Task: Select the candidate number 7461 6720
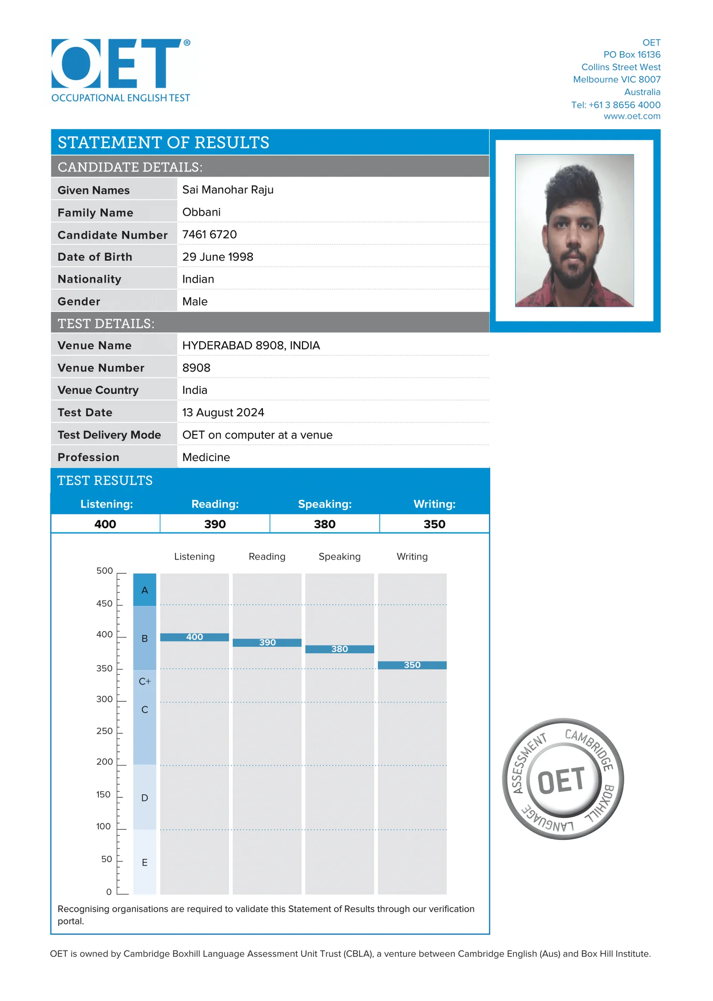[209, 234]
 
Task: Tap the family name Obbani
[201, 212]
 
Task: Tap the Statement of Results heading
[163, 142]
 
